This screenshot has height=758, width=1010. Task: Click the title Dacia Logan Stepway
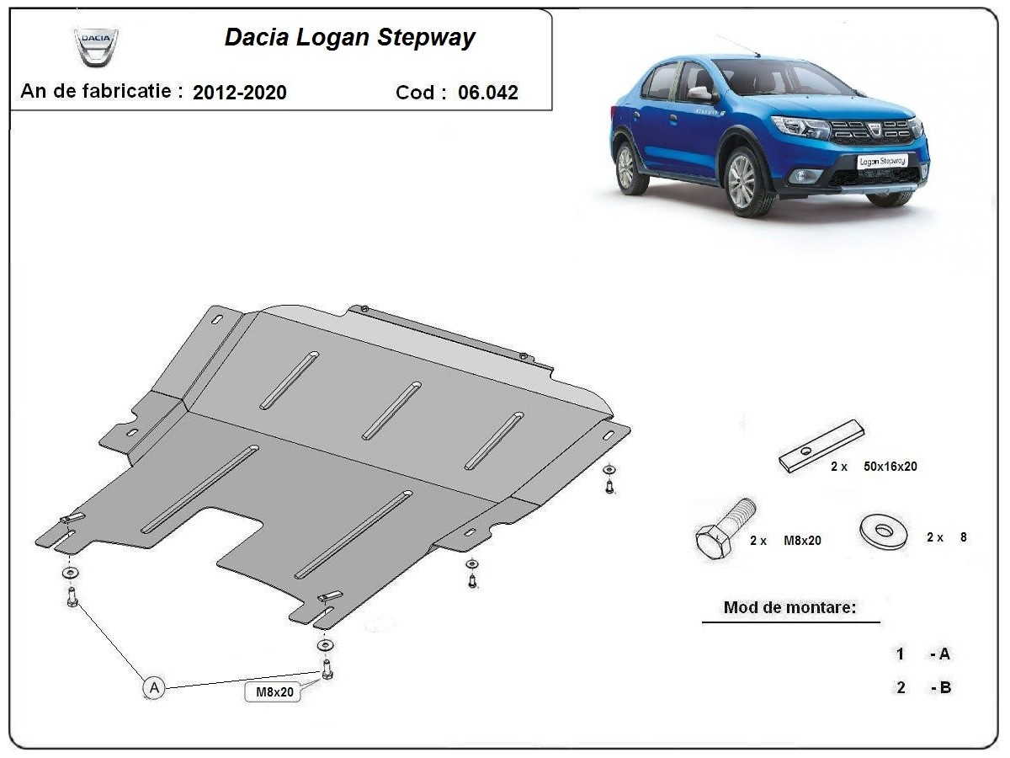click(x=349, y=38)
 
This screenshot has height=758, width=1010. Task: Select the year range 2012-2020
click(x=239, y=93)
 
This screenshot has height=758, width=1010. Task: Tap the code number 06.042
click(x=488, y=93)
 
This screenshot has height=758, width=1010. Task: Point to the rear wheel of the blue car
click(x=626, y=167)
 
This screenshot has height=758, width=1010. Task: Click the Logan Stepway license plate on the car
click(x=882, y=160)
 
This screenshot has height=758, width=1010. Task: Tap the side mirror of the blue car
click(x=701, y=93)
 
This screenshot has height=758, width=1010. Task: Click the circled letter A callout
click(x=152, y=687)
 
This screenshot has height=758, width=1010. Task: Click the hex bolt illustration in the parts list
click(x=725, y=527)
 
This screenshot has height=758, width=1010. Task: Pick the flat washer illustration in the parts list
click(x=885, y=531)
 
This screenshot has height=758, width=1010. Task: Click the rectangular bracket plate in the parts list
click(x=821, y=446)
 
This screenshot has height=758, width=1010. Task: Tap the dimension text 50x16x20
click(x=890, y=466)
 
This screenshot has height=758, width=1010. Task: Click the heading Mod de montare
click(x=789, y=607)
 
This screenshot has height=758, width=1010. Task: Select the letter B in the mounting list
click(x=945, y=687)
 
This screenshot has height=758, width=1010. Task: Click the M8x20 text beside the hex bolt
click(x=802, y=541)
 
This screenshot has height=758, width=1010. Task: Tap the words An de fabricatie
click(x=102, y=91)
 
